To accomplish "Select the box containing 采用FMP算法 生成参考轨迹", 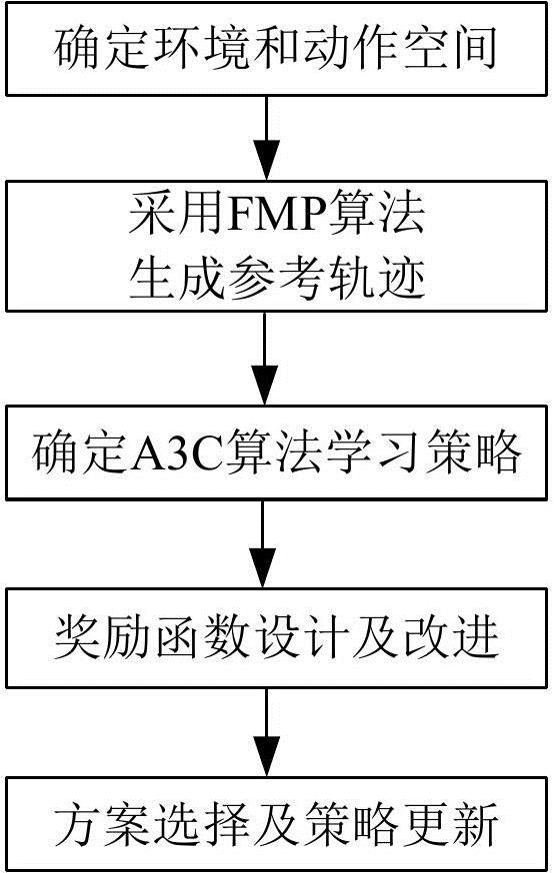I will (277, 245).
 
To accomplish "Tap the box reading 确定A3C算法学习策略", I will (277, 451).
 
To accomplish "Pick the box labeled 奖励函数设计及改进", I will (277, 636).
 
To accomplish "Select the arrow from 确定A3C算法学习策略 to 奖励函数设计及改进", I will (265, 544).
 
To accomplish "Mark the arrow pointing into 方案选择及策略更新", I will (265, 729).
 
